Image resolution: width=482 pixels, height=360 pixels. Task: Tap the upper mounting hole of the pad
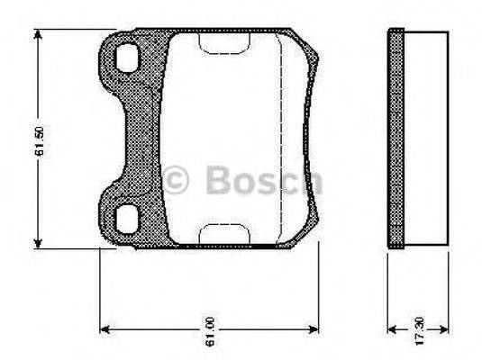(127, 58)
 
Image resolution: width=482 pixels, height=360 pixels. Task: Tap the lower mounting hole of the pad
(127, 217)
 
